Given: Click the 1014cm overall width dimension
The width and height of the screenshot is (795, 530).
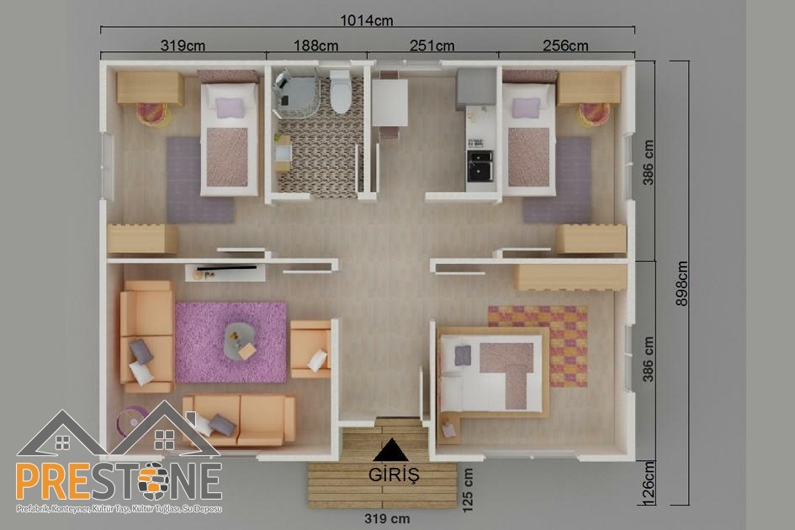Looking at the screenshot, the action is pos(367,20).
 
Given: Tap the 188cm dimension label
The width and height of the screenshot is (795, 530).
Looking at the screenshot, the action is pos(315,45).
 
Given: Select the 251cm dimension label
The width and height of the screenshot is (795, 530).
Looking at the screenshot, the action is pos(432,45).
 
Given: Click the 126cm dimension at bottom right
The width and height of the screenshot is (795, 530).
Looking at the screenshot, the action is pos(649,483).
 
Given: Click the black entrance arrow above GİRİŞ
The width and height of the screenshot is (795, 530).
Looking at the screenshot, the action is pos(391,450).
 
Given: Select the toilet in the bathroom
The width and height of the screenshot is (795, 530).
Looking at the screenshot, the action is pos(340,92).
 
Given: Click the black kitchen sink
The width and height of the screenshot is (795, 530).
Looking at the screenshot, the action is pos(480,166).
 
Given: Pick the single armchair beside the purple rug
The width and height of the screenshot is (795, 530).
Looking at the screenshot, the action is pos(310,349).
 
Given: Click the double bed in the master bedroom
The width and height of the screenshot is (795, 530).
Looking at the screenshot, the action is pos(492,372).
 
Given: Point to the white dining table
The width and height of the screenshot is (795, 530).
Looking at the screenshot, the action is pos(390,103).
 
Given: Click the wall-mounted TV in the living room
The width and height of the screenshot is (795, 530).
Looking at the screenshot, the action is pos(226,268).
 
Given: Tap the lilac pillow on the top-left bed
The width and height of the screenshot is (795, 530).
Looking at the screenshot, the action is pos(230,108).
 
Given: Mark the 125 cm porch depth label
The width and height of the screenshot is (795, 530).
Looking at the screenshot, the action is pos(468,490).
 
